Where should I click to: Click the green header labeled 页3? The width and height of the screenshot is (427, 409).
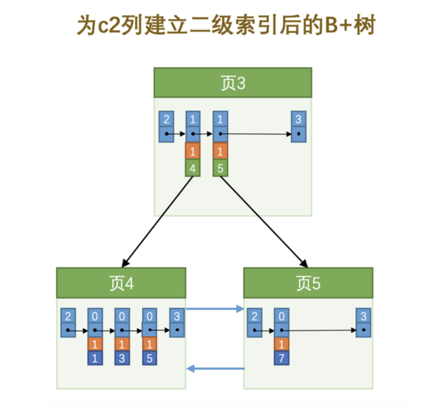pyautogui.click(x=232, y=83)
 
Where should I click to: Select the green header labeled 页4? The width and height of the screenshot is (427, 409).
pyautogui.click(x=121, y=283)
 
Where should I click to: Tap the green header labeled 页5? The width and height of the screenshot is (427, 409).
pyautogui.click(x=308, y=283)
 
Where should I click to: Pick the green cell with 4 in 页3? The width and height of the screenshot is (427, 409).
pyautogui.click(x=193, y=169)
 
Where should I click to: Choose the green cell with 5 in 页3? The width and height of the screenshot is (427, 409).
pyautogui.click(x=220, y=169)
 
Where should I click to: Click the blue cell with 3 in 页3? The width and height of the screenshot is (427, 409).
pyautogui.click(x=299, y=119)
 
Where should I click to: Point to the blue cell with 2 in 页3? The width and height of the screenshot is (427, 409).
pyautogui.click(x=166, y=119)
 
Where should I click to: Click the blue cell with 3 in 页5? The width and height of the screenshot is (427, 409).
pyautogui.click(x=363, y=316)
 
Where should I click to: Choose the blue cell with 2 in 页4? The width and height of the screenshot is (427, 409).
pyautogui.click(x=68, y=316)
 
